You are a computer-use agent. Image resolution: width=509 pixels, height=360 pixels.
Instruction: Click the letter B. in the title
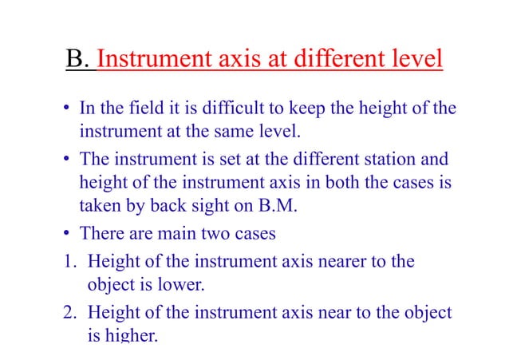(78, 60)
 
